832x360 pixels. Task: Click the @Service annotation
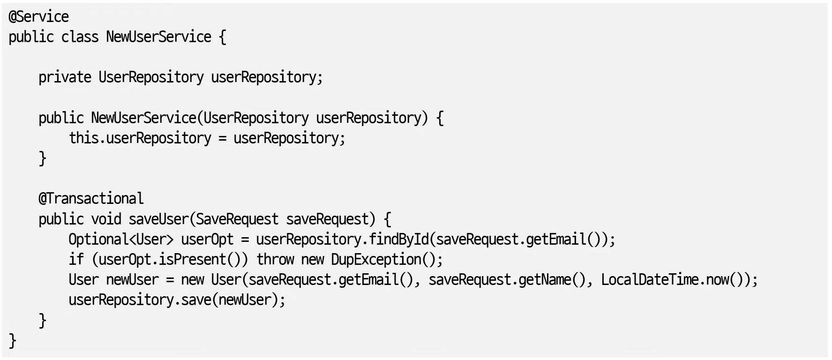(x=39, y=17)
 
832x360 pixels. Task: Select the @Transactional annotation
(x=91, y=199)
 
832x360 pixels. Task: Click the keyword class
(x=80, y=37)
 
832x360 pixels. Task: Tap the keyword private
(x=65, y=77)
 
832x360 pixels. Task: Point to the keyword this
(x=83, y=138)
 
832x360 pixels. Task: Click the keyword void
(x=106, y=219)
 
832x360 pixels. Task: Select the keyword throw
(x=275, y=260)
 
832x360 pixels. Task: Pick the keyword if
(x=76, y=260)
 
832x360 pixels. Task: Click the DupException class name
(x=376, y=260)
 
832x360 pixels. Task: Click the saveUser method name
(x=158, y=219)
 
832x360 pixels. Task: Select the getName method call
(x=545, y=280)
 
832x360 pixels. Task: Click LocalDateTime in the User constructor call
(x=650, y=280)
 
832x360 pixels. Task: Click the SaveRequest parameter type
(x=237, y=219)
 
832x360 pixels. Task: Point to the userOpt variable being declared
(x=207, y=240)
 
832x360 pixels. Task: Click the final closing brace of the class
(x=13, y=340)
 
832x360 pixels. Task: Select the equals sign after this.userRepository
(x=222, y=138)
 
